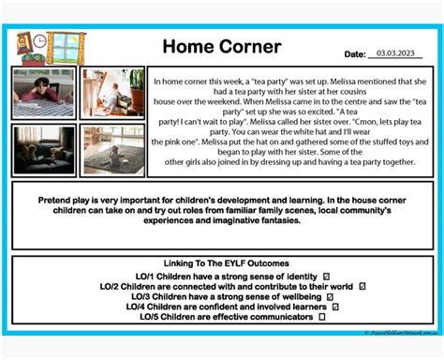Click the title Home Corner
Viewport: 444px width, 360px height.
(x=221, y=46)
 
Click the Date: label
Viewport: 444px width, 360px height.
(x=356, y=54)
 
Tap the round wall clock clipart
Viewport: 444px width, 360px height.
(x=24, y=40)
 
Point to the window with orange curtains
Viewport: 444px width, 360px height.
(x=65, y=47)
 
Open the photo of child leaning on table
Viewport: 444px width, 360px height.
(x=45, y=94)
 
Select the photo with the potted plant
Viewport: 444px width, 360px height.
(x=112, y=93)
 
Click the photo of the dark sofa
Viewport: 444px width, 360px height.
(x=45, y=149)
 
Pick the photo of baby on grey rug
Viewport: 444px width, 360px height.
(x=112, y=150)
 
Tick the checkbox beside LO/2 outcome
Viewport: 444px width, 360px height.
(x=362, y=286)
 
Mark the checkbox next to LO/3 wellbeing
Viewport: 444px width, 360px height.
(x=330, y=296)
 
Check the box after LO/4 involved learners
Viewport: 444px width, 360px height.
(x=335, y=307)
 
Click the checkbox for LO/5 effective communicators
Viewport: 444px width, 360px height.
(x=321, y=317)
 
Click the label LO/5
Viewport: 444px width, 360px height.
(x=124, y=317)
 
